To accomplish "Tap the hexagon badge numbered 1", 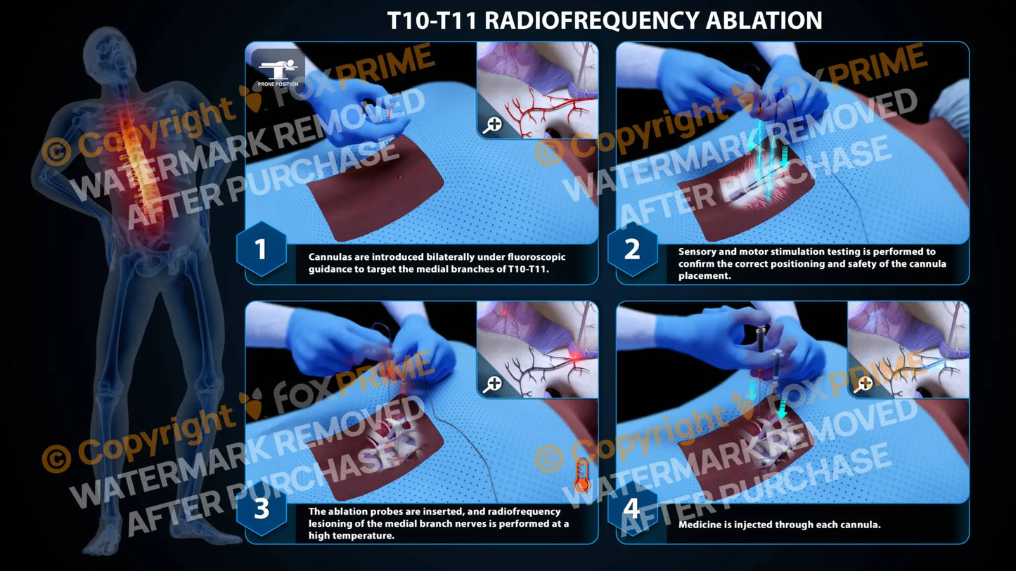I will pyautogui.click(x=261, y=249).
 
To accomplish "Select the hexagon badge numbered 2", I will pyautogui.click(x=631, y=249).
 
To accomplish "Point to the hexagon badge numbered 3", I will pyautogui.click(x=261, y=509).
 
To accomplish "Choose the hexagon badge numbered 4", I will pyautogui.click(x=631, y=509).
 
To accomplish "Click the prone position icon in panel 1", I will pyautogui.click(x=278, y=69).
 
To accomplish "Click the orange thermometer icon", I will pyautogui.click(x=581, y=475).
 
